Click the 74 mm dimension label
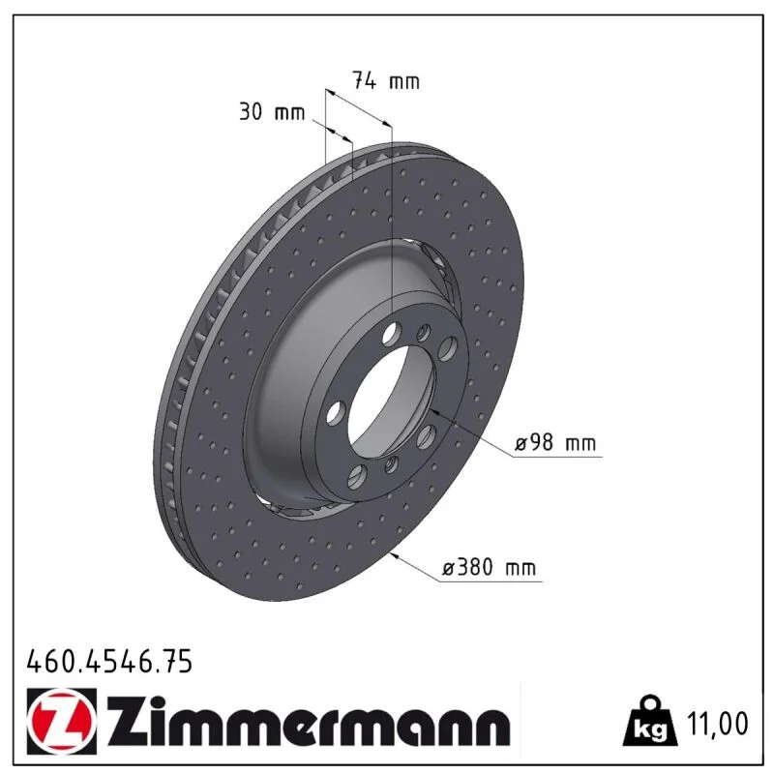[x=385, y=80]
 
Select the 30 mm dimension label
[x=272, y=112]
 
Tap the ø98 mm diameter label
[x=554, y=442]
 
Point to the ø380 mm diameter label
[x=489, y=567]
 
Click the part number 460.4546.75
[x=109, y=662]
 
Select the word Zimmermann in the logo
[x=309, y=722]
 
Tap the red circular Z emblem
[x=61, y=721]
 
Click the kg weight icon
[x=649, y=721]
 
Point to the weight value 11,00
[x=717, y=723]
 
